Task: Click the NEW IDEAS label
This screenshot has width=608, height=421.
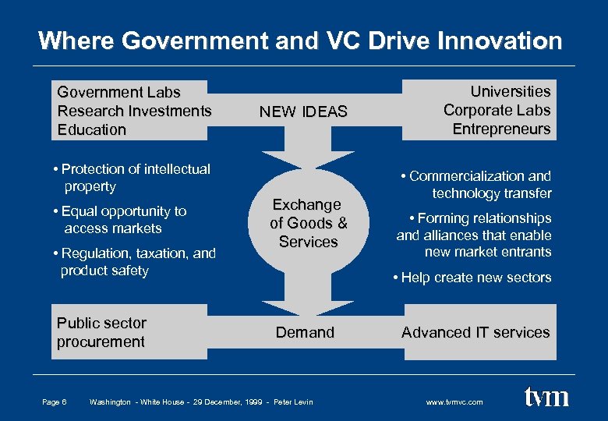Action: tap(303, 111)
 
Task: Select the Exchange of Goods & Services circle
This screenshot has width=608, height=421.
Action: tap(308, 223)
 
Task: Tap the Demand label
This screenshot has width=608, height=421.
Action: tap(305, 332)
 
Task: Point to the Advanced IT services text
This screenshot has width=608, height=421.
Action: tap(475, 332)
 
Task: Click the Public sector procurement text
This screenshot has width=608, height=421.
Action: tap(101, 332)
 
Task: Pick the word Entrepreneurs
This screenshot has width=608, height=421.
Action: tap(501, 129)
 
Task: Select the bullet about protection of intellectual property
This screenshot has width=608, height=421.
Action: tap(132, 178)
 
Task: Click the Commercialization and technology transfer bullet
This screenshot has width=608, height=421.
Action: tap(475, 185)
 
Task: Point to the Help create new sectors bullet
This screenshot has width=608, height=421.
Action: tap(472, 278)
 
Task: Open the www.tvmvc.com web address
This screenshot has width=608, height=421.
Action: tap(454, 402)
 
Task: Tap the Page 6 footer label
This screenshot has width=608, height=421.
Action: tap(54, 402)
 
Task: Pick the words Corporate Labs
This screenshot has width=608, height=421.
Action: tap(497, 110)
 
